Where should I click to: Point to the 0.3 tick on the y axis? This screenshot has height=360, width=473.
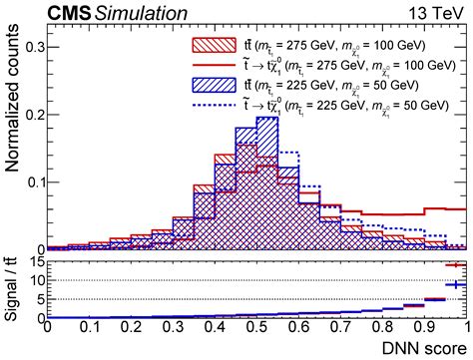pyautogui.click(x=32, y=47)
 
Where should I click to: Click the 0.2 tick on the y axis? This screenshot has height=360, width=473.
pyautogui.click(x=32, y=115)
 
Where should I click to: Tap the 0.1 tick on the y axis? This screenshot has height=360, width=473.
pyautogui.click(x=32, y=182)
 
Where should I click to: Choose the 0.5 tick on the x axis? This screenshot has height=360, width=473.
pyautogui.click(x=257, y=326)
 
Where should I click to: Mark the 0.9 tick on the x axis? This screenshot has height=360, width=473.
pyautogui.click(x=425, y=326)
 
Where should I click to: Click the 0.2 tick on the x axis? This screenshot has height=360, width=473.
pyautogui.click(x=131, y=326)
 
